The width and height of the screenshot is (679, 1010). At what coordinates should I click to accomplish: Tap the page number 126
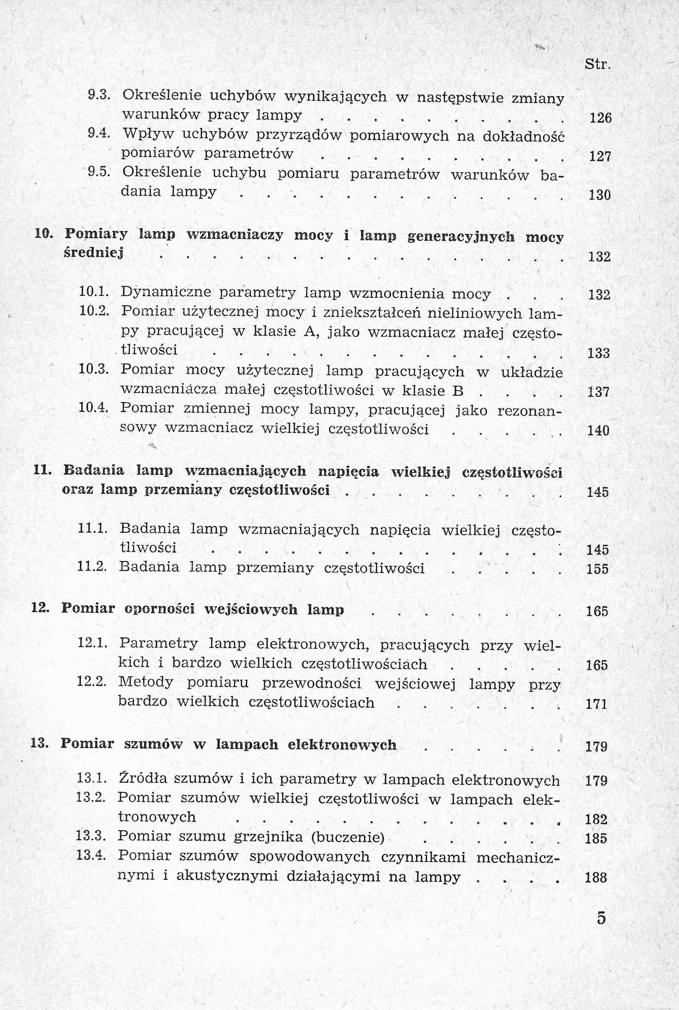[601, 118]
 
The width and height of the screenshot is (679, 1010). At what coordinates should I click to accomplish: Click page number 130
[600, 195]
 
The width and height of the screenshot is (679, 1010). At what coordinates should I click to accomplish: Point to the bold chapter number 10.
[43, 234]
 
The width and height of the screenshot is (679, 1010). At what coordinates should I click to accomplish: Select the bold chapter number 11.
[42, 470]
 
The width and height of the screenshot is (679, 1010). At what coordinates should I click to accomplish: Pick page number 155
[598, 568]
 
